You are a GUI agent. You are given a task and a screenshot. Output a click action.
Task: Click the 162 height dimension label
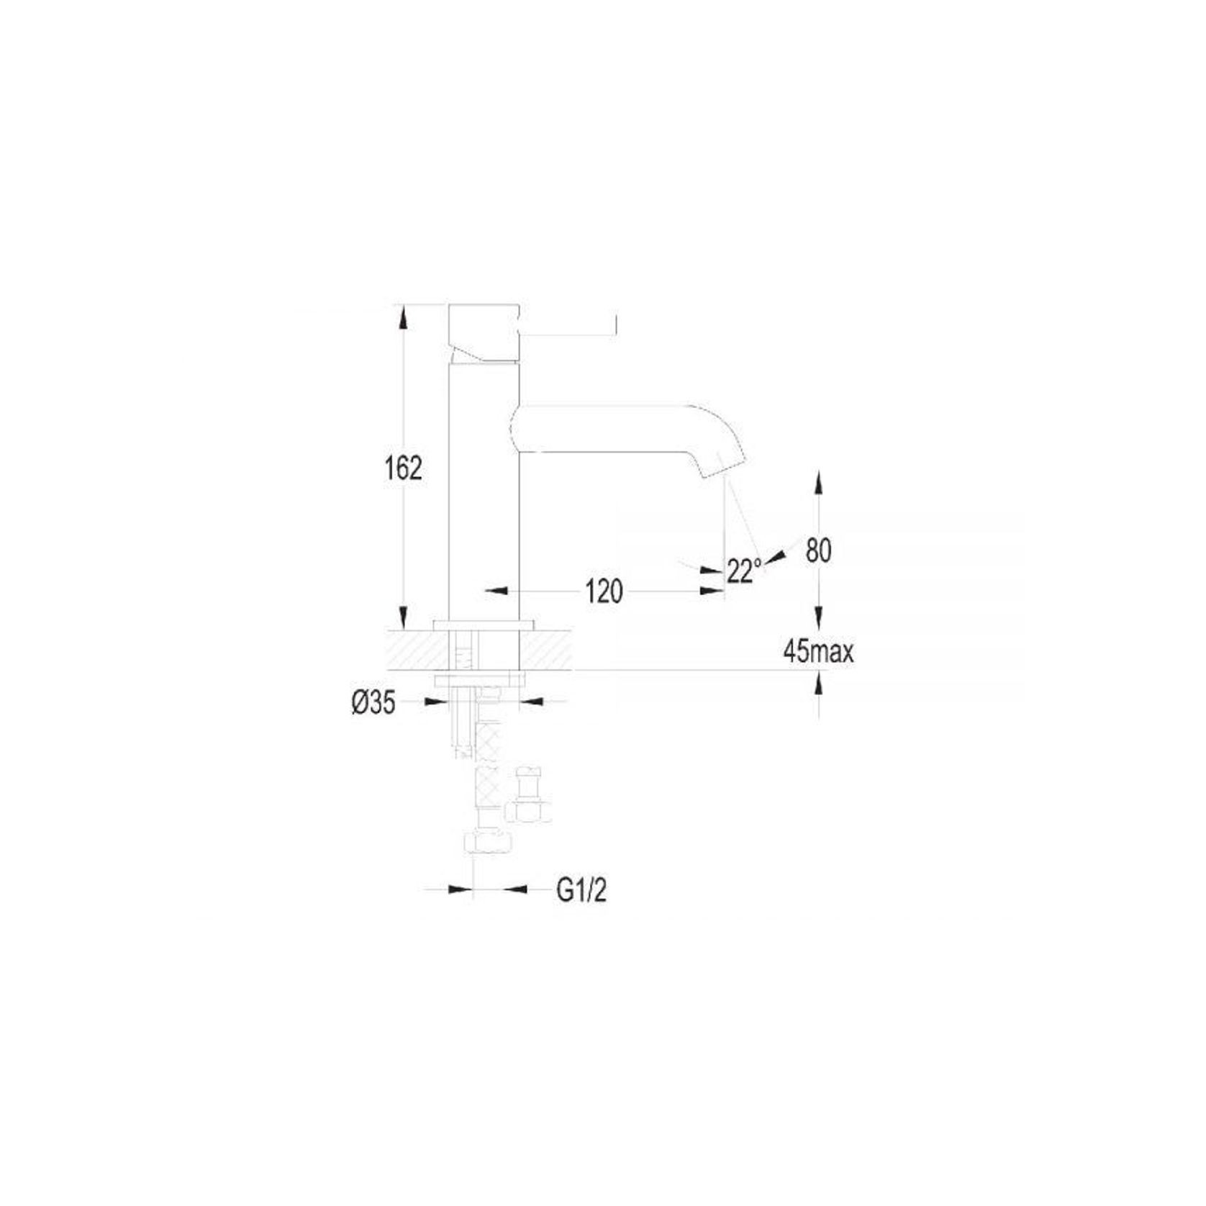point(403,469)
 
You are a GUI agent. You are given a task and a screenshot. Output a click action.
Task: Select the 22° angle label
point(744,571)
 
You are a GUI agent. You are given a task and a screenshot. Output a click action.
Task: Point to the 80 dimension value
point(818,550)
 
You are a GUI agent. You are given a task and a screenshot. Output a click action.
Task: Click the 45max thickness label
point(818,653)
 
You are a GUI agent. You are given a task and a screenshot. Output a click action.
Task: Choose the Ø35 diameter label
point(374,703)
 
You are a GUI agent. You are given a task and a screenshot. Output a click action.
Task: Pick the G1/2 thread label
point(582,891)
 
